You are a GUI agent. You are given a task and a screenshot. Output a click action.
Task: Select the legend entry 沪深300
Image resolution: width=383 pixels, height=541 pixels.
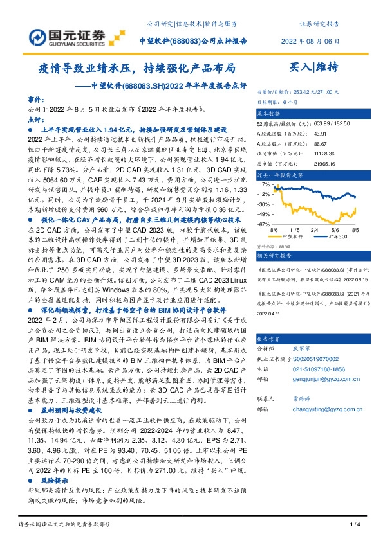coord(337,236)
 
